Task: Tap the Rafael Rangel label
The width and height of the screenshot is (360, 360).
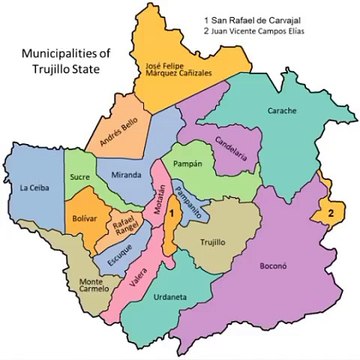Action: coord(124,229)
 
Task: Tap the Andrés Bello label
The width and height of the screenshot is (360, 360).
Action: coord(116,128)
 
